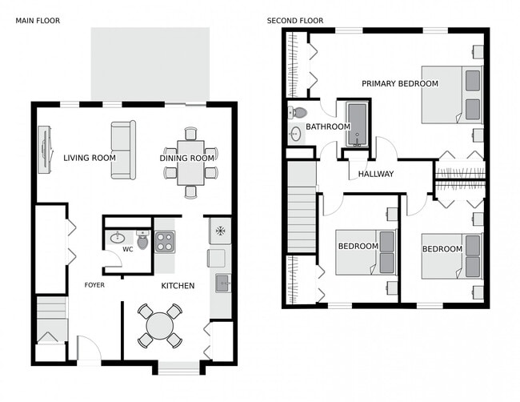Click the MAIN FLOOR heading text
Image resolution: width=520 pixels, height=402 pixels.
pos(38,20)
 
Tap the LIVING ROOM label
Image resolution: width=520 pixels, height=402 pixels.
pos(90,158)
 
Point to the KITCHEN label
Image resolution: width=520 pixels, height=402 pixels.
pos(178,286)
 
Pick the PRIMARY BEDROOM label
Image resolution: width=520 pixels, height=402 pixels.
pos(399,83)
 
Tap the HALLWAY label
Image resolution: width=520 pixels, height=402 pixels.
pos(376,174)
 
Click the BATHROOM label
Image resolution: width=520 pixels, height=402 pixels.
pos(327,127)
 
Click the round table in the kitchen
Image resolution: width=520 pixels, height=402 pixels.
pos(160,325)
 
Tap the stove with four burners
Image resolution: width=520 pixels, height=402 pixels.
pos(165,240)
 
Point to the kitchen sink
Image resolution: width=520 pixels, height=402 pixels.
pos(222,282)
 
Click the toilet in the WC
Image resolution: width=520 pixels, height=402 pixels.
pos(142,239)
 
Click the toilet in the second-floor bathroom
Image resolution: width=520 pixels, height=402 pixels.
pos(298,112)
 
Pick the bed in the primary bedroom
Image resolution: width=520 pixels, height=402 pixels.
pos(453,94)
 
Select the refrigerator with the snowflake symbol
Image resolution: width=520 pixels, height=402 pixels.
pos(220,230)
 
